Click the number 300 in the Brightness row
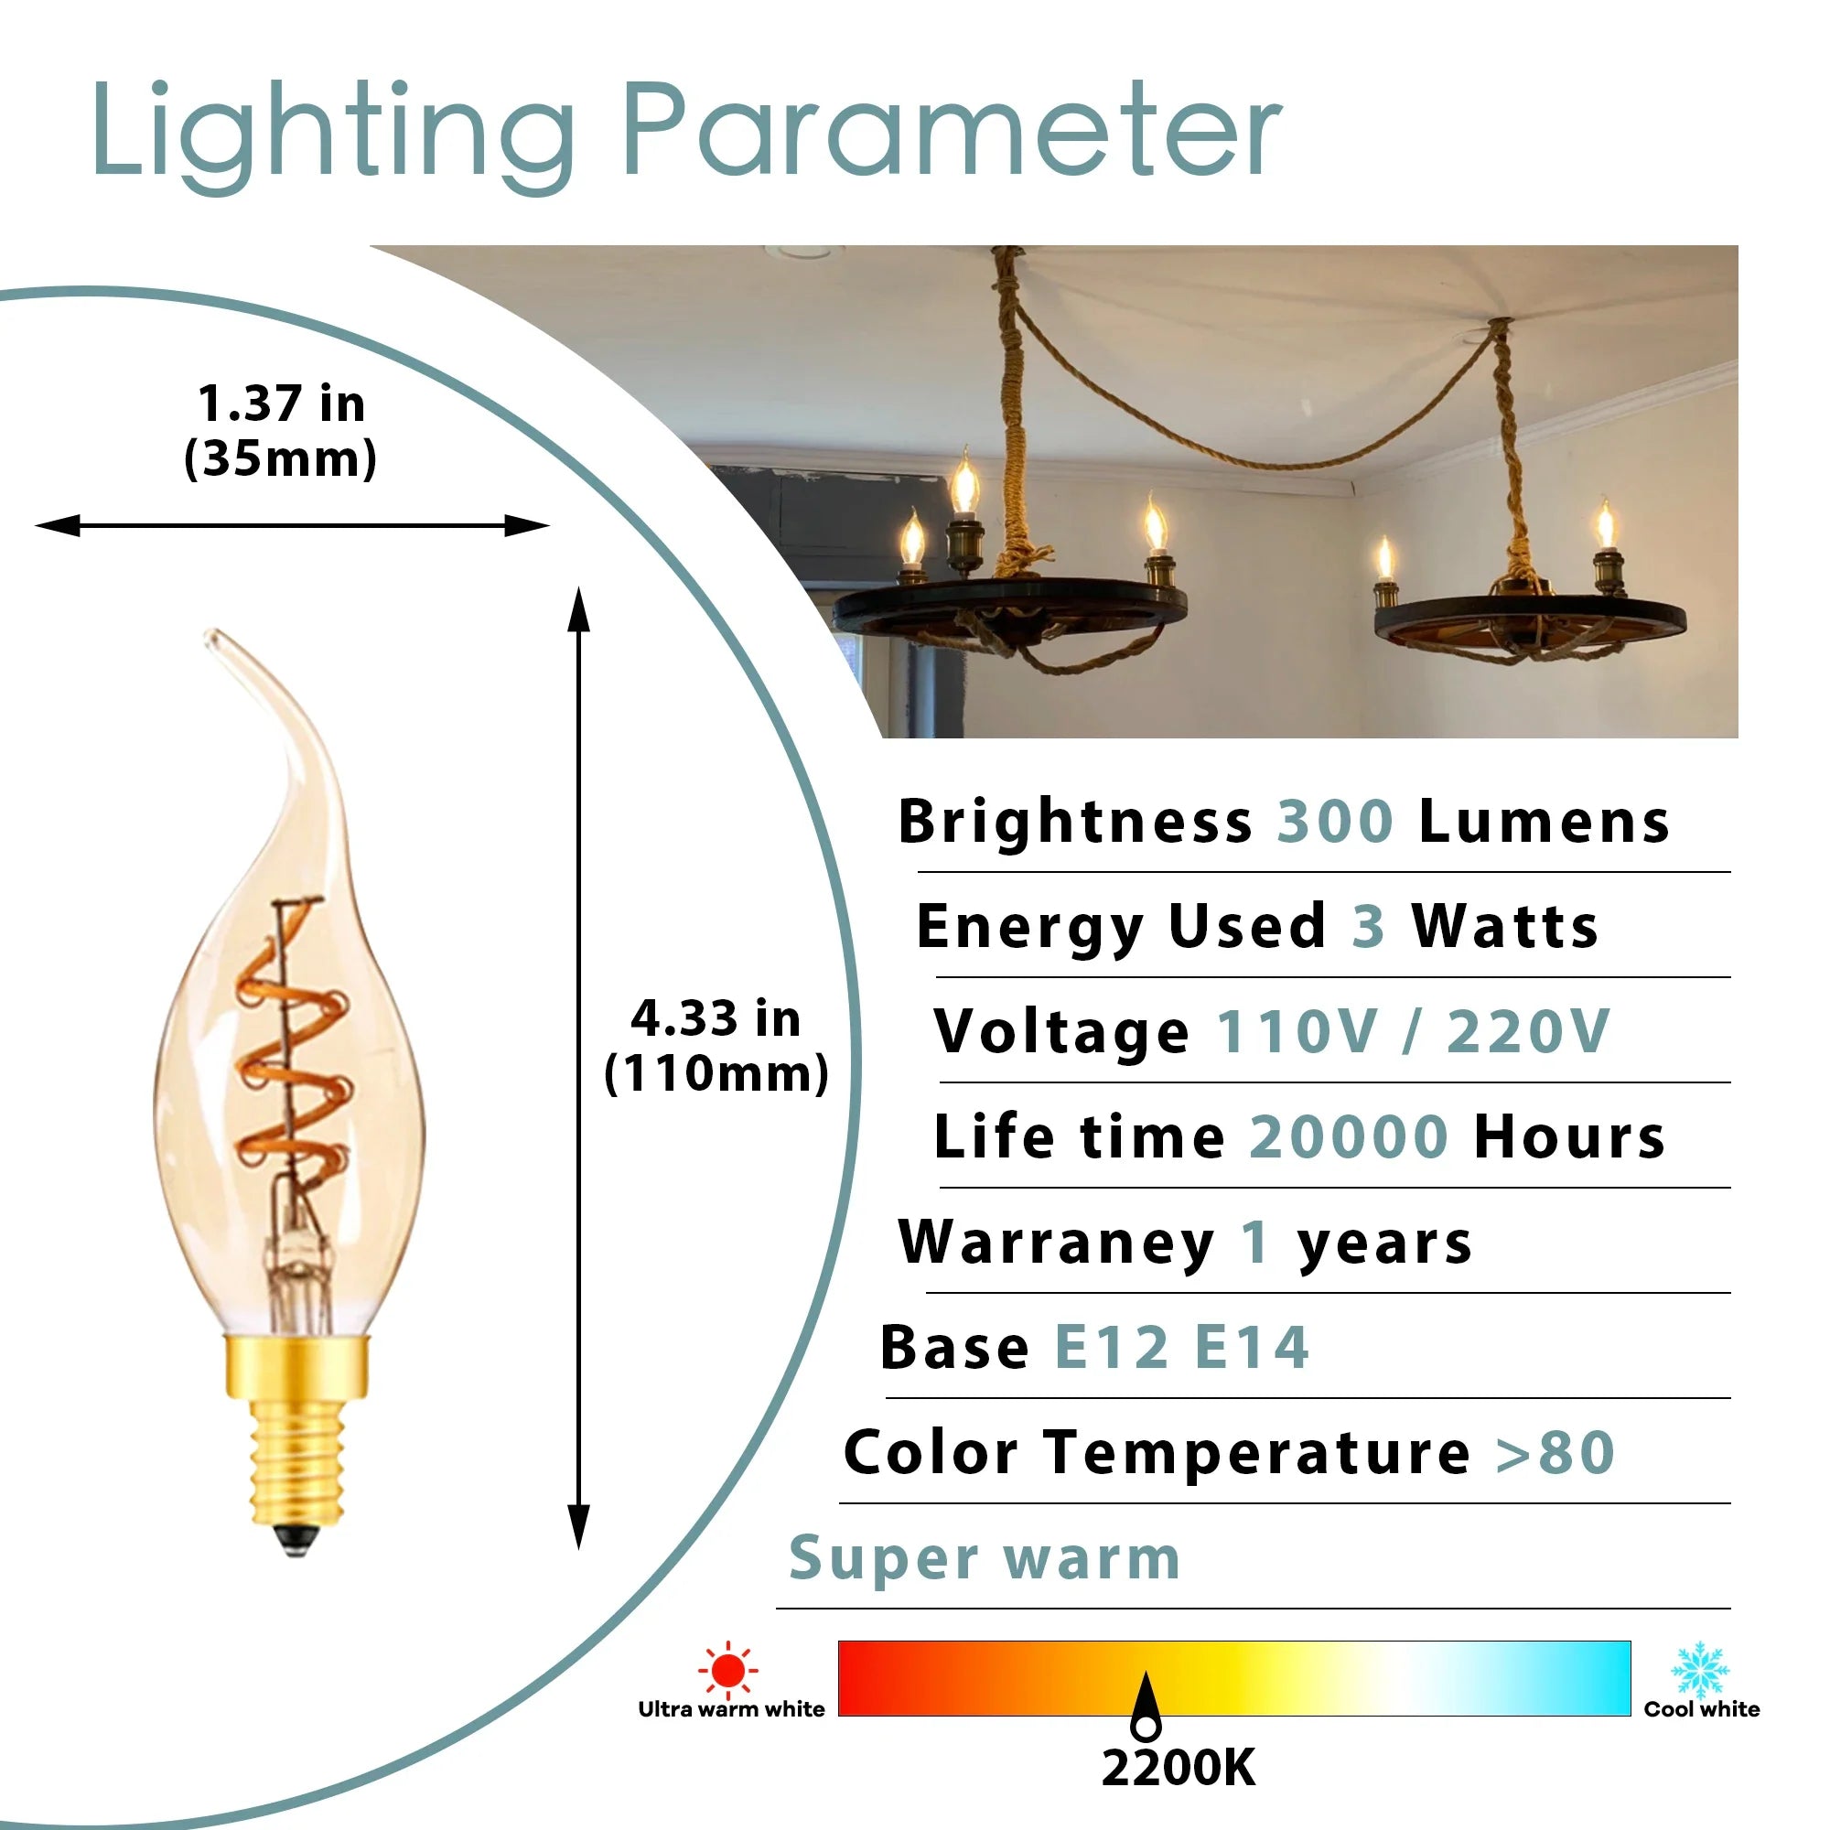1335,822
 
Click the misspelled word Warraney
1056,1243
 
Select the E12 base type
1112,1347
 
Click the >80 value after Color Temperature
1555,1452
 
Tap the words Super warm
985,1559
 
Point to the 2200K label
1179,1768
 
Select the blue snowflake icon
1700,1670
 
